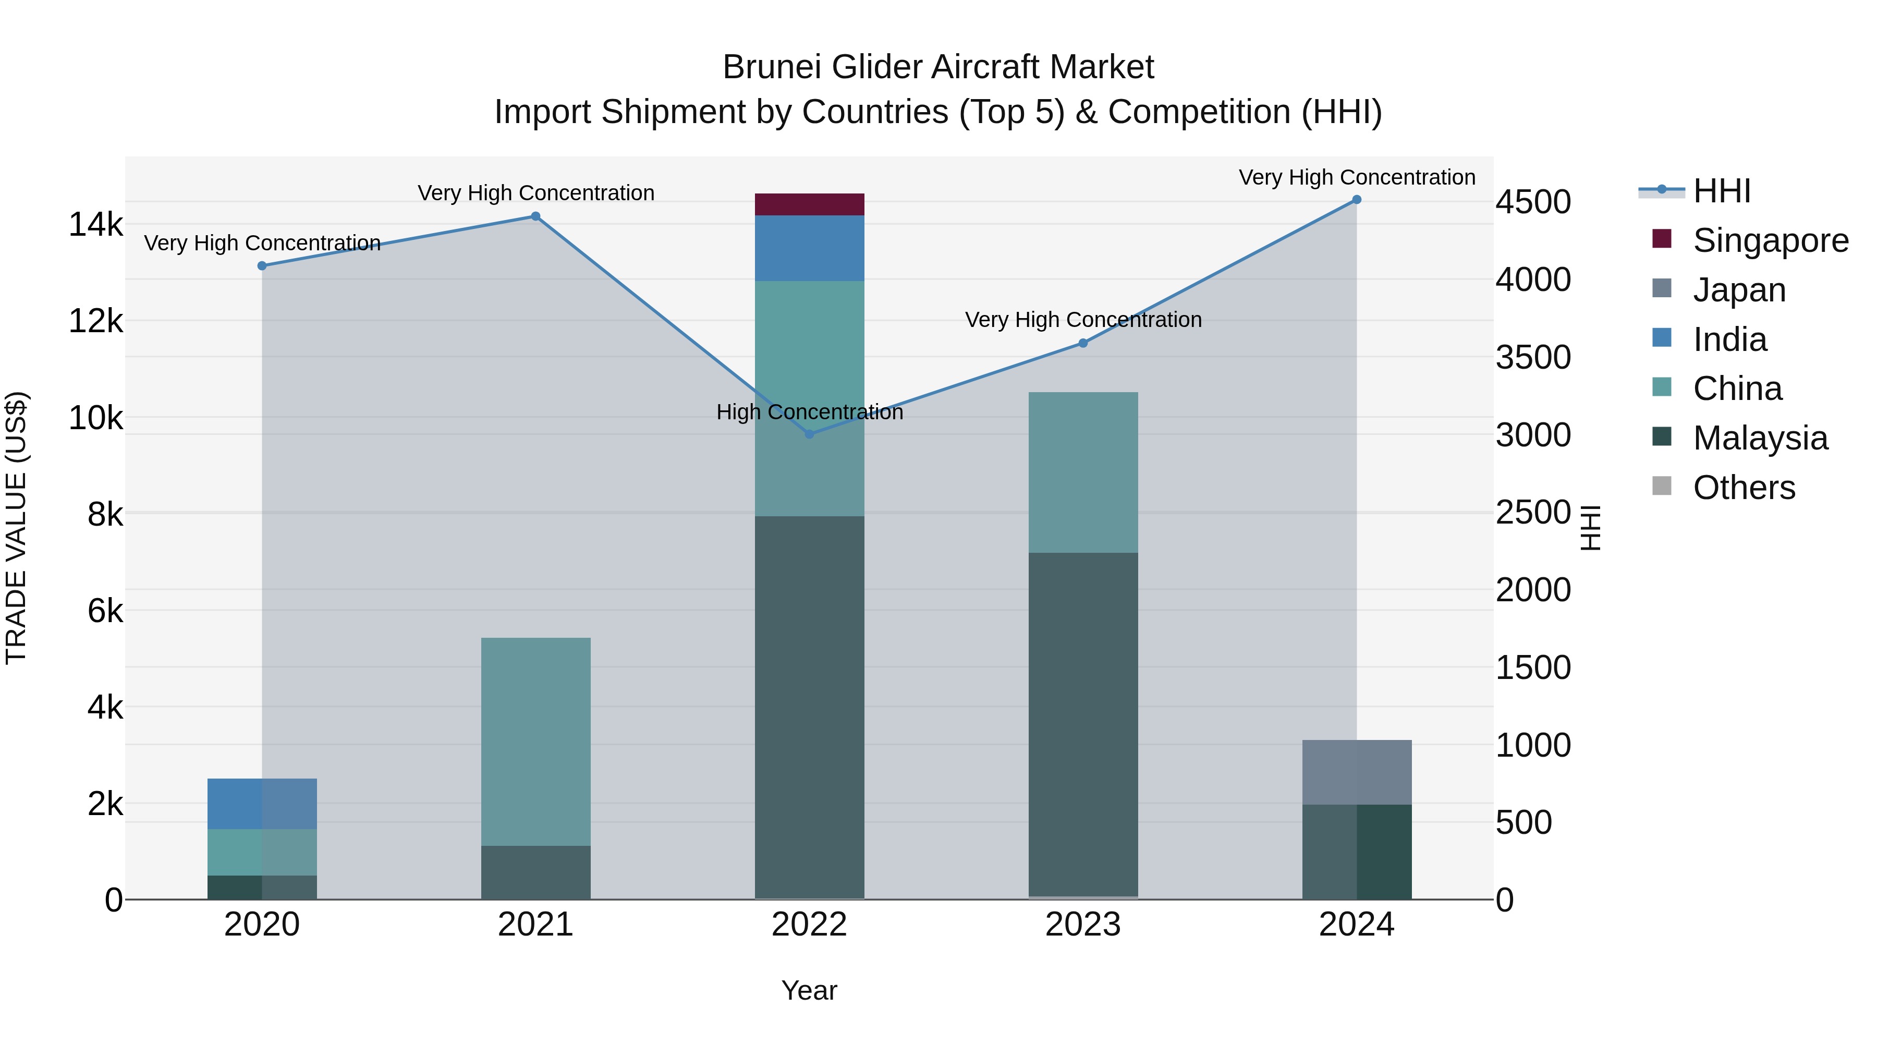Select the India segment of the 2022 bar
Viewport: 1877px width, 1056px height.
tap(809, 248)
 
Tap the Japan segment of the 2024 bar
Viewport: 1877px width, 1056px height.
tap(1357, 772)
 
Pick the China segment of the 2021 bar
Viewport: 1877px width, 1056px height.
tap(535, 741)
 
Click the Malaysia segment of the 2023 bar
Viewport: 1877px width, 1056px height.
tap(1083, 724)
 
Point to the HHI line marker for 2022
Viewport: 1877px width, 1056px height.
tap(809, 434)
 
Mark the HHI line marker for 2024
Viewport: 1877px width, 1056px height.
tap(1357, 200)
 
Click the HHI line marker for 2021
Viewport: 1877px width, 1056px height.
tap(535, 216)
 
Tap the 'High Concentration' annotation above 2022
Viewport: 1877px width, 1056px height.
tap(809, 412)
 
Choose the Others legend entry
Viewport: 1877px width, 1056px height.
tap(1744, 488)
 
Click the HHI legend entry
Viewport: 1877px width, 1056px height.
tap(1721, 191)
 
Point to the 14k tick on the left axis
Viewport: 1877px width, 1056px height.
tap(95, 224)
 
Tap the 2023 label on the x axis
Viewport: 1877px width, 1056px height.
tap(1083, 925)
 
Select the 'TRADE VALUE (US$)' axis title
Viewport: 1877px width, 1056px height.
tap(16, 528)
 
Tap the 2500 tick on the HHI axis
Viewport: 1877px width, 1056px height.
tap(1533, 512)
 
